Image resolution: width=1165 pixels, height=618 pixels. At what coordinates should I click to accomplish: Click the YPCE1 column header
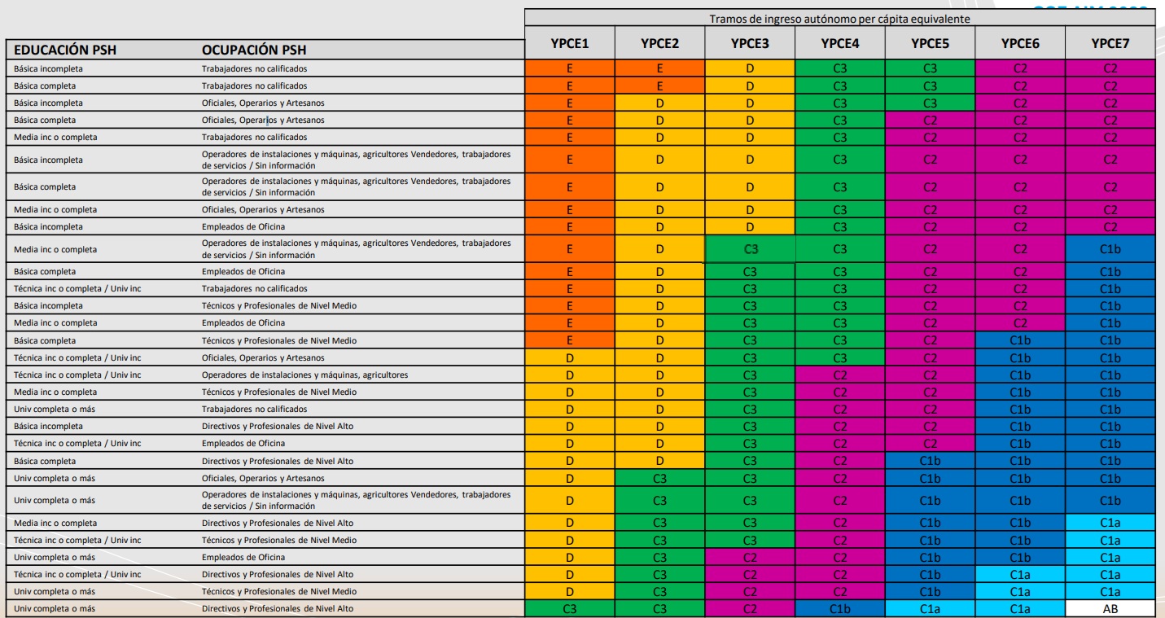[x=569, y=43]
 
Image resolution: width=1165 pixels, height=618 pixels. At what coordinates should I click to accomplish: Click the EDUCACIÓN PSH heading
[x=64, y=50]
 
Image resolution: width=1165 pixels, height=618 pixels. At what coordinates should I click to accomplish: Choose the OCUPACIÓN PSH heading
[x=253, y=50]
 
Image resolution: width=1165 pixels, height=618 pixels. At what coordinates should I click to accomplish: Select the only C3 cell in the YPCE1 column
[x=569, y=607]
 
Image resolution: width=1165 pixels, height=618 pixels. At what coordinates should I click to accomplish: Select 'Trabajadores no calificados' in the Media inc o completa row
[x=254, y=137]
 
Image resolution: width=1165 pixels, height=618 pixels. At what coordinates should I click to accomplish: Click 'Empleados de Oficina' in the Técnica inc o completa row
[x=243, y=443]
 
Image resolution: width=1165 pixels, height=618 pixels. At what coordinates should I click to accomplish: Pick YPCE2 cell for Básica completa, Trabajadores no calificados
[x=659, y=85]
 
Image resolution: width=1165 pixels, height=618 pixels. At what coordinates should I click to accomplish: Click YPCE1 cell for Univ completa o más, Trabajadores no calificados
[x=569, y=408]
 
